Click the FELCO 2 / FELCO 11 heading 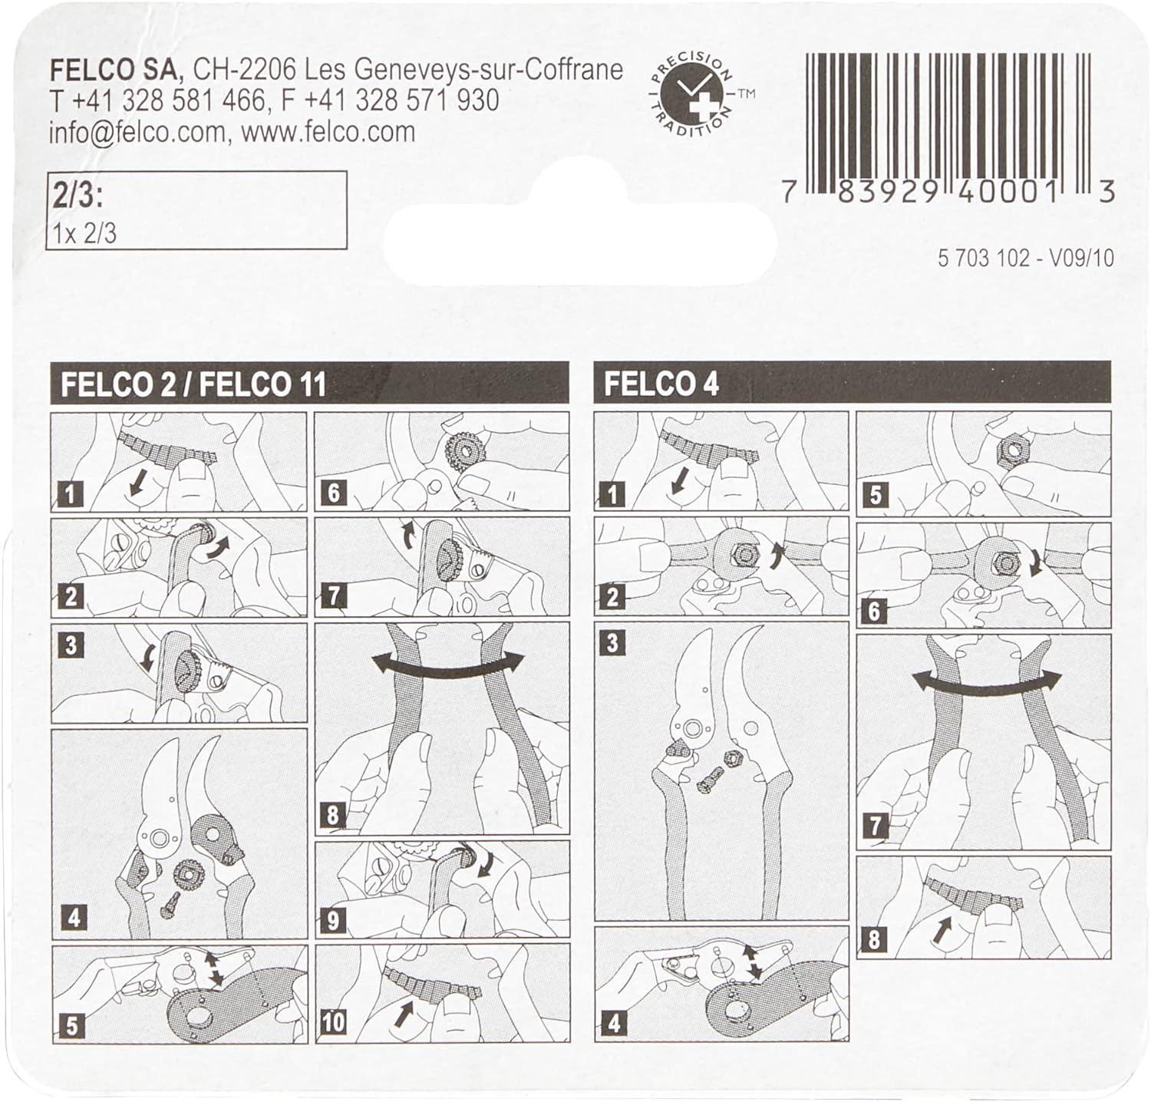tap(193, 384)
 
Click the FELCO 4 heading tap(661, 384)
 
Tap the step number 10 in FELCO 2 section tap(333, 1022)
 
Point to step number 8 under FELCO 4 tap(874, 939)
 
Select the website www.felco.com tap(328, 132)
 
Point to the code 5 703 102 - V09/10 tap(1025, 258)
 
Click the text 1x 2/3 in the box tap(84, 233)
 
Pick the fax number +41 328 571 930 tap(402, 101)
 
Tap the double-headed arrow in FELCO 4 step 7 tap(987, 679)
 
